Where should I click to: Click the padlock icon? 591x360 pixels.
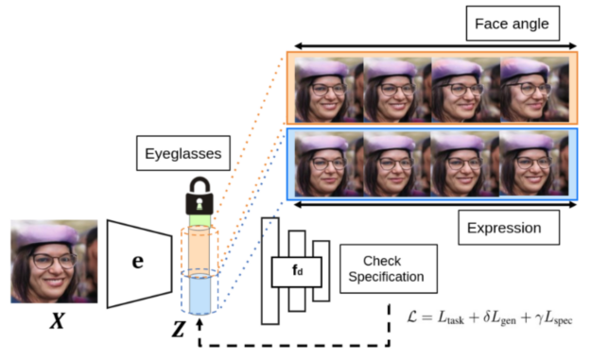click(x=200, y=196)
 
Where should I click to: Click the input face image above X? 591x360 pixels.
click(x=54, y=262)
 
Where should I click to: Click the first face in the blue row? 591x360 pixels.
click(x=328, y=163)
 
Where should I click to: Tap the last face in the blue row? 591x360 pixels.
click(x=535, y=163)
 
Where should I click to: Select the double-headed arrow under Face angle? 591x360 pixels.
click(x=434, y=44)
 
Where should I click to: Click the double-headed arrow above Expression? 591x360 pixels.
click(x=434, y=203)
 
